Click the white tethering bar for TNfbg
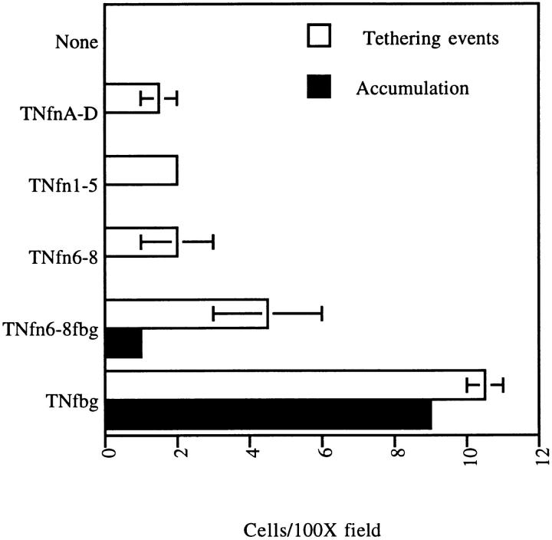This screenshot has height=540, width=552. (295, 385)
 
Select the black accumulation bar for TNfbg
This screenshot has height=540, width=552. (268, 414)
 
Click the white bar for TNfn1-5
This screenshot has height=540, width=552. (141, 170)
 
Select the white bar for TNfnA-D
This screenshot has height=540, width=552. (132, 98)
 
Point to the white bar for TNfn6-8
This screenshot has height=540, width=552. (141, 242)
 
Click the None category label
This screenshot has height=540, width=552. (77, 43)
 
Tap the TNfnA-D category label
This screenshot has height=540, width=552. (66, 113)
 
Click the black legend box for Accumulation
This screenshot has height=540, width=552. (318, 88)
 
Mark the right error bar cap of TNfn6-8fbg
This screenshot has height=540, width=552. (321, 313)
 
